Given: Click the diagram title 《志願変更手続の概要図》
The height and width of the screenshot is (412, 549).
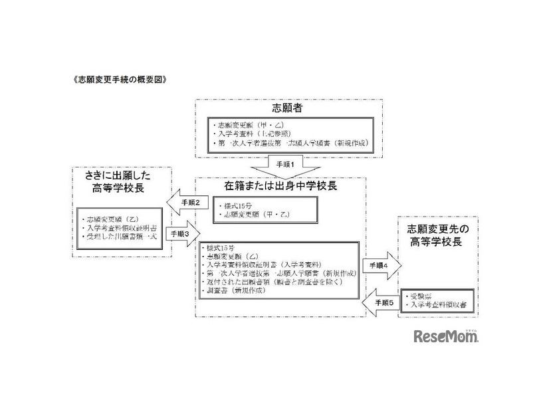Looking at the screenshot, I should click(112, 78).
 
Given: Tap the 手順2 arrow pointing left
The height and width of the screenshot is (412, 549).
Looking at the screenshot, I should click(181, 201).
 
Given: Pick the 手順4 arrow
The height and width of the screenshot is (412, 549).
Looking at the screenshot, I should click(382, 265).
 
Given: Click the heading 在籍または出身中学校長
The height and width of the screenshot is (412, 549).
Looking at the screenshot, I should click(287, 185).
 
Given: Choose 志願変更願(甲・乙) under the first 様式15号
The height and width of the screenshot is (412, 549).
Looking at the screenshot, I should click(253, 215).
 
